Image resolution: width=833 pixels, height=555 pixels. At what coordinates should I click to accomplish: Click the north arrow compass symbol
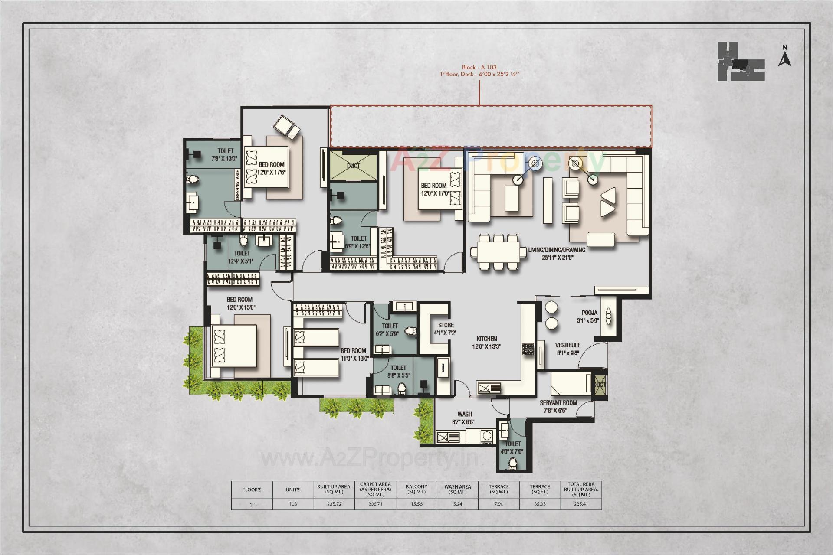tap(784, 56)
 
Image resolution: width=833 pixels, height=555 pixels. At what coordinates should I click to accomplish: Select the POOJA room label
tap(590, 313)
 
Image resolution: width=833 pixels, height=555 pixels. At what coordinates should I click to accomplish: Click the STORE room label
tap(446, 325)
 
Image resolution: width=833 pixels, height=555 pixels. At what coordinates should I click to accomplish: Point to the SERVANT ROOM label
tap(558, 403)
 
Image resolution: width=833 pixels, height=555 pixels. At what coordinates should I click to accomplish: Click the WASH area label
tap(465, 415)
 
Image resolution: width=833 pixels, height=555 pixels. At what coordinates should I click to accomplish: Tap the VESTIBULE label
tap(567, 346)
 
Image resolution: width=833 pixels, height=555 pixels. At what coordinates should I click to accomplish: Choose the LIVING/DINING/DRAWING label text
tap(557, 250)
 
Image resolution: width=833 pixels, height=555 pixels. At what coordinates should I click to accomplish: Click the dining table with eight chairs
tap(495, 252)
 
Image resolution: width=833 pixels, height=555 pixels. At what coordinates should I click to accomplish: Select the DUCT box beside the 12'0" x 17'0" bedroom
tap(353, 166)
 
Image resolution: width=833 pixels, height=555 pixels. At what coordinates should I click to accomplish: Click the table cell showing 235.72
tap(334, 504)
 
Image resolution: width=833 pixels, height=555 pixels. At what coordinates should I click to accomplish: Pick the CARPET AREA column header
tap(375, 490)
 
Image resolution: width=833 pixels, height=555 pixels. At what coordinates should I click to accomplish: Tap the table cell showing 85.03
tap(540, 504)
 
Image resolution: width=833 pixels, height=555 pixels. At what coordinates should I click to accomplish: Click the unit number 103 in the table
tap(293, 504)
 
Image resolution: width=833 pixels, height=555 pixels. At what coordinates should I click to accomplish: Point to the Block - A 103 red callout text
tap(479, 67)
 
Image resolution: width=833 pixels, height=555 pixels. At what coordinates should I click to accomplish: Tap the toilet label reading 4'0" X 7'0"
tap(512, 447)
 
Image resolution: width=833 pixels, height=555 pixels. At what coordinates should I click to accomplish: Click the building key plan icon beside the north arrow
tap(741, 62)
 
